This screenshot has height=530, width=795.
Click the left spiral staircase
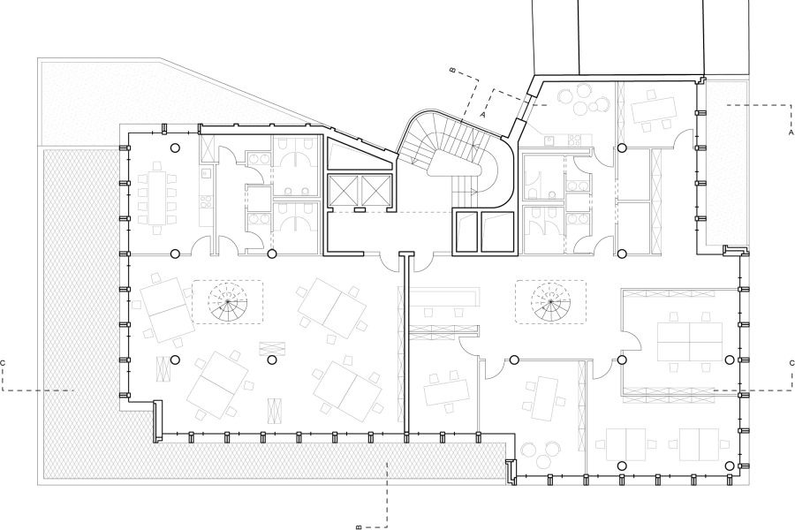point(228,302)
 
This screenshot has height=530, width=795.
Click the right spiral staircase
point(550,302)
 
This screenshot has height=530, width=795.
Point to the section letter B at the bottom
point(359,526)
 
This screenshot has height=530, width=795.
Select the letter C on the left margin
point(3,363)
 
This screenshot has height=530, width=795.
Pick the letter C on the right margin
point(791,363)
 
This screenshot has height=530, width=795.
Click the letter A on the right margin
point(791,132)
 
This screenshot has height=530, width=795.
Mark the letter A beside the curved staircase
point(482,115)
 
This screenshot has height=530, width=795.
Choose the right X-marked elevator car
point(375,191)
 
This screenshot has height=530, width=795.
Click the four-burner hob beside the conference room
point(205,203)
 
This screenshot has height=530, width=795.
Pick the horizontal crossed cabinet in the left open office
point(272,349)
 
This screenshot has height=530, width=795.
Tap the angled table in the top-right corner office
point(654,109)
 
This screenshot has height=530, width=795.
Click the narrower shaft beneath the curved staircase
point(466,231)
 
